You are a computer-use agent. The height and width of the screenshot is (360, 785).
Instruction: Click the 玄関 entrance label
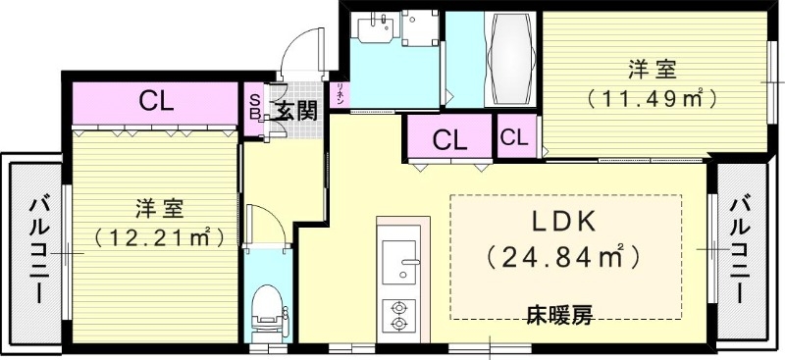click(x=295, y=110)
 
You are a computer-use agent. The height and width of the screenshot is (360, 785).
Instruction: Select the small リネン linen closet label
click(x=340, y=94)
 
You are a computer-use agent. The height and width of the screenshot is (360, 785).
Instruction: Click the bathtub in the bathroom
click(x=510, y=58)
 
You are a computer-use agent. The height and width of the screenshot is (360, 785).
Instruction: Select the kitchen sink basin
click(x=398, y=260)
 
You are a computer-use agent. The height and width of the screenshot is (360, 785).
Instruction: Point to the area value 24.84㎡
click(x=564, y=258)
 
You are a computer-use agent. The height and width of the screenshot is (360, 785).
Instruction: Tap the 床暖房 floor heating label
click(x=559, y=316)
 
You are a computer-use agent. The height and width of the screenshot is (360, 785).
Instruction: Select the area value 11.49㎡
click(x=651, y=97)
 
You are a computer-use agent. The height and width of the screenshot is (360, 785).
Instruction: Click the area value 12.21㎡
click(x=157, y=236)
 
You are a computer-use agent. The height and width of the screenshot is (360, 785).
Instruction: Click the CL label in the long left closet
click(x=155, y=101)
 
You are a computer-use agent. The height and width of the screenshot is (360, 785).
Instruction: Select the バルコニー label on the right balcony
click(x=745, y=249)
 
